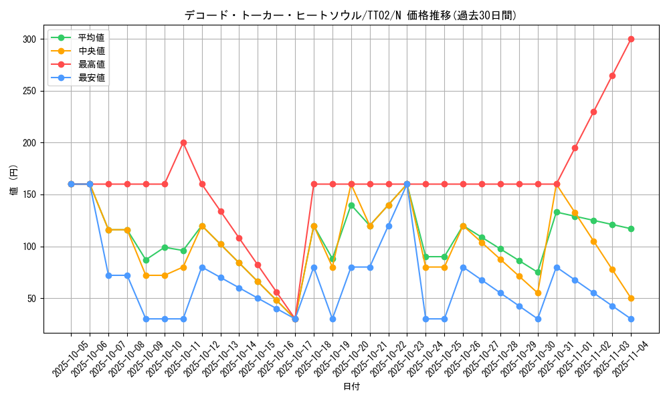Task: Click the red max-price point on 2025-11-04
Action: [x=631, y=39]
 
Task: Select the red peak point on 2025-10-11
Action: [x=183, y=142]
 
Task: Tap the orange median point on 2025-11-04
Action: [x=631, y=298]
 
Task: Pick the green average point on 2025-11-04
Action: [x=631, y=229]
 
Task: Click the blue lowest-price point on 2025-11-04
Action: [x=631, y=319]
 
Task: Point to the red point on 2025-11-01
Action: [x=575, y=148]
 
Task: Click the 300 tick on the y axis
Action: [x=29, y=39]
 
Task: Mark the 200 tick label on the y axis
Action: [x=29, y=143]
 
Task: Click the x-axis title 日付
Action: [x=351, y=387]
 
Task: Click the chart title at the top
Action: [x=351, y=15]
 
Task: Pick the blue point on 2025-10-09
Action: [x=146, y=319]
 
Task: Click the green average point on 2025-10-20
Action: [x=351, y=205]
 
